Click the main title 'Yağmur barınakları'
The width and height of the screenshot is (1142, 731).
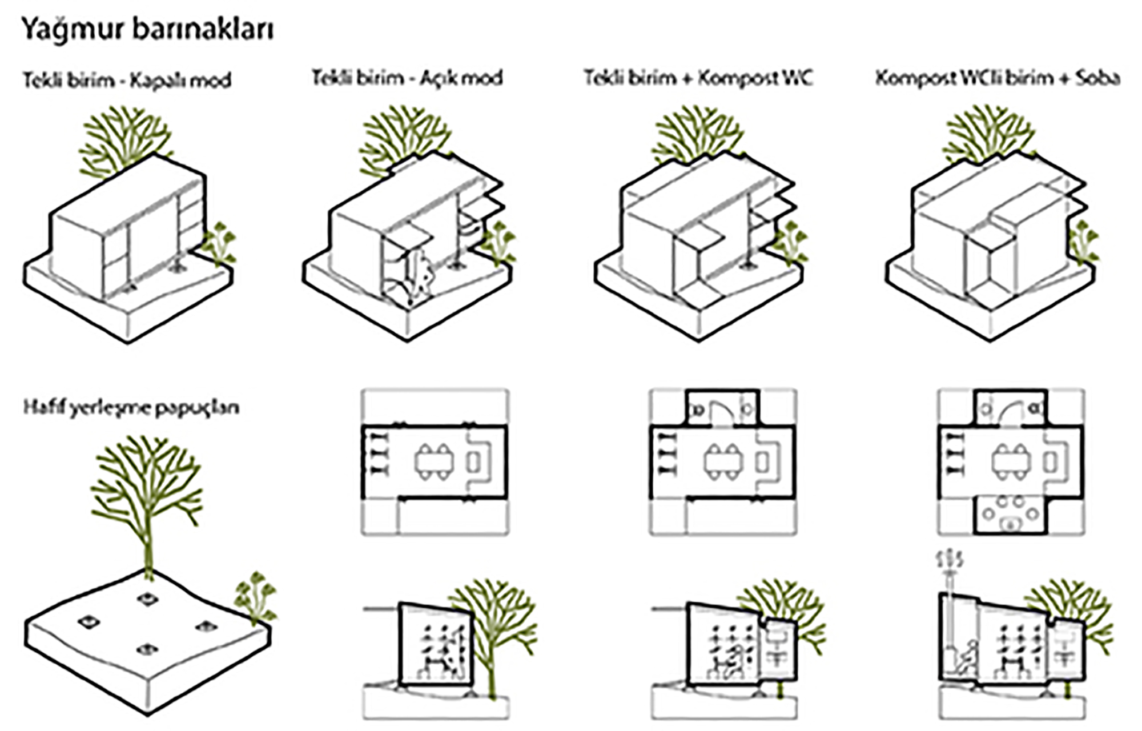pos(147,29)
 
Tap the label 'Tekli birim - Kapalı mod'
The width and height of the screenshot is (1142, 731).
pos(127,80)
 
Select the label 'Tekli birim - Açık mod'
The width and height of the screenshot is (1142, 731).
pos(407,77)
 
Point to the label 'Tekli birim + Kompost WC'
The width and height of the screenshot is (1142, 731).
pos(697,77)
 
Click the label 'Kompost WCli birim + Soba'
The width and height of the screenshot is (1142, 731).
pos(997,77)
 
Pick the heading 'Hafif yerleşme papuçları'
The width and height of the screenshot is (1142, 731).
pos(131,407)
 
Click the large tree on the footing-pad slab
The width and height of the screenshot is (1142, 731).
pos(147,497)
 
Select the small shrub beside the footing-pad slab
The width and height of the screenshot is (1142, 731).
pos(256,597)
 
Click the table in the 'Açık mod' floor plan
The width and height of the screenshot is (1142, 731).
pos(434,461)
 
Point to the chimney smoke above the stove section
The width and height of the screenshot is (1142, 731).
pos(950,560)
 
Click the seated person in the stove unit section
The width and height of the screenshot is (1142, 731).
pos(964,657)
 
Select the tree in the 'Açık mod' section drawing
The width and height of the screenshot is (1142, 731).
pos(494,628)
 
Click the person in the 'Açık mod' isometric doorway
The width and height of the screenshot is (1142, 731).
pos(420,274)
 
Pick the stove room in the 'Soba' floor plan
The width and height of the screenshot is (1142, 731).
pos(1010,514)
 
